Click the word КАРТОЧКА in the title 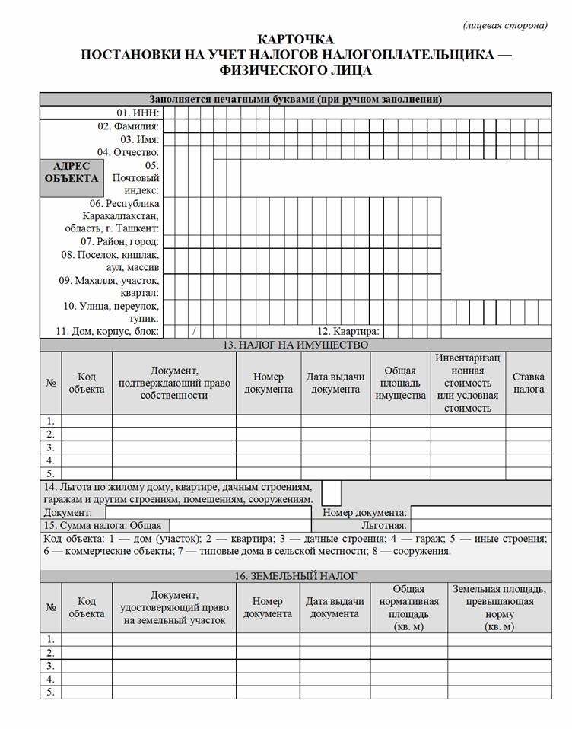[295, 39]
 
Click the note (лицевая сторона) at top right [504, 24]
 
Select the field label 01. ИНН [138, 113]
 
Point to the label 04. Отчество [128, 152]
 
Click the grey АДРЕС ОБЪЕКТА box [71, 173]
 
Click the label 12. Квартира [348, 331]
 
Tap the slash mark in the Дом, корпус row [195, 331]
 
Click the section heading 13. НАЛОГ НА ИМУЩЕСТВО [295, 345]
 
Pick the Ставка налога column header [528, 383]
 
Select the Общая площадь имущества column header [400, 383]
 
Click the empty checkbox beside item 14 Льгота [331, 492]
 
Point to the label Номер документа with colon [365, 512]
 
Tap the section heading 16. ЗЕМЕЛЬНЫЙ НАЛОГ [295, 576]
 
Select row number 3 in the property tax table [50, 447]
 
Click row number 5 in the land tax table [50, 692]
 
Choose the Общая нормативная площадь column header [408, 607]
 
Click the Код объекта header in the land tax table [86, 607]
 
